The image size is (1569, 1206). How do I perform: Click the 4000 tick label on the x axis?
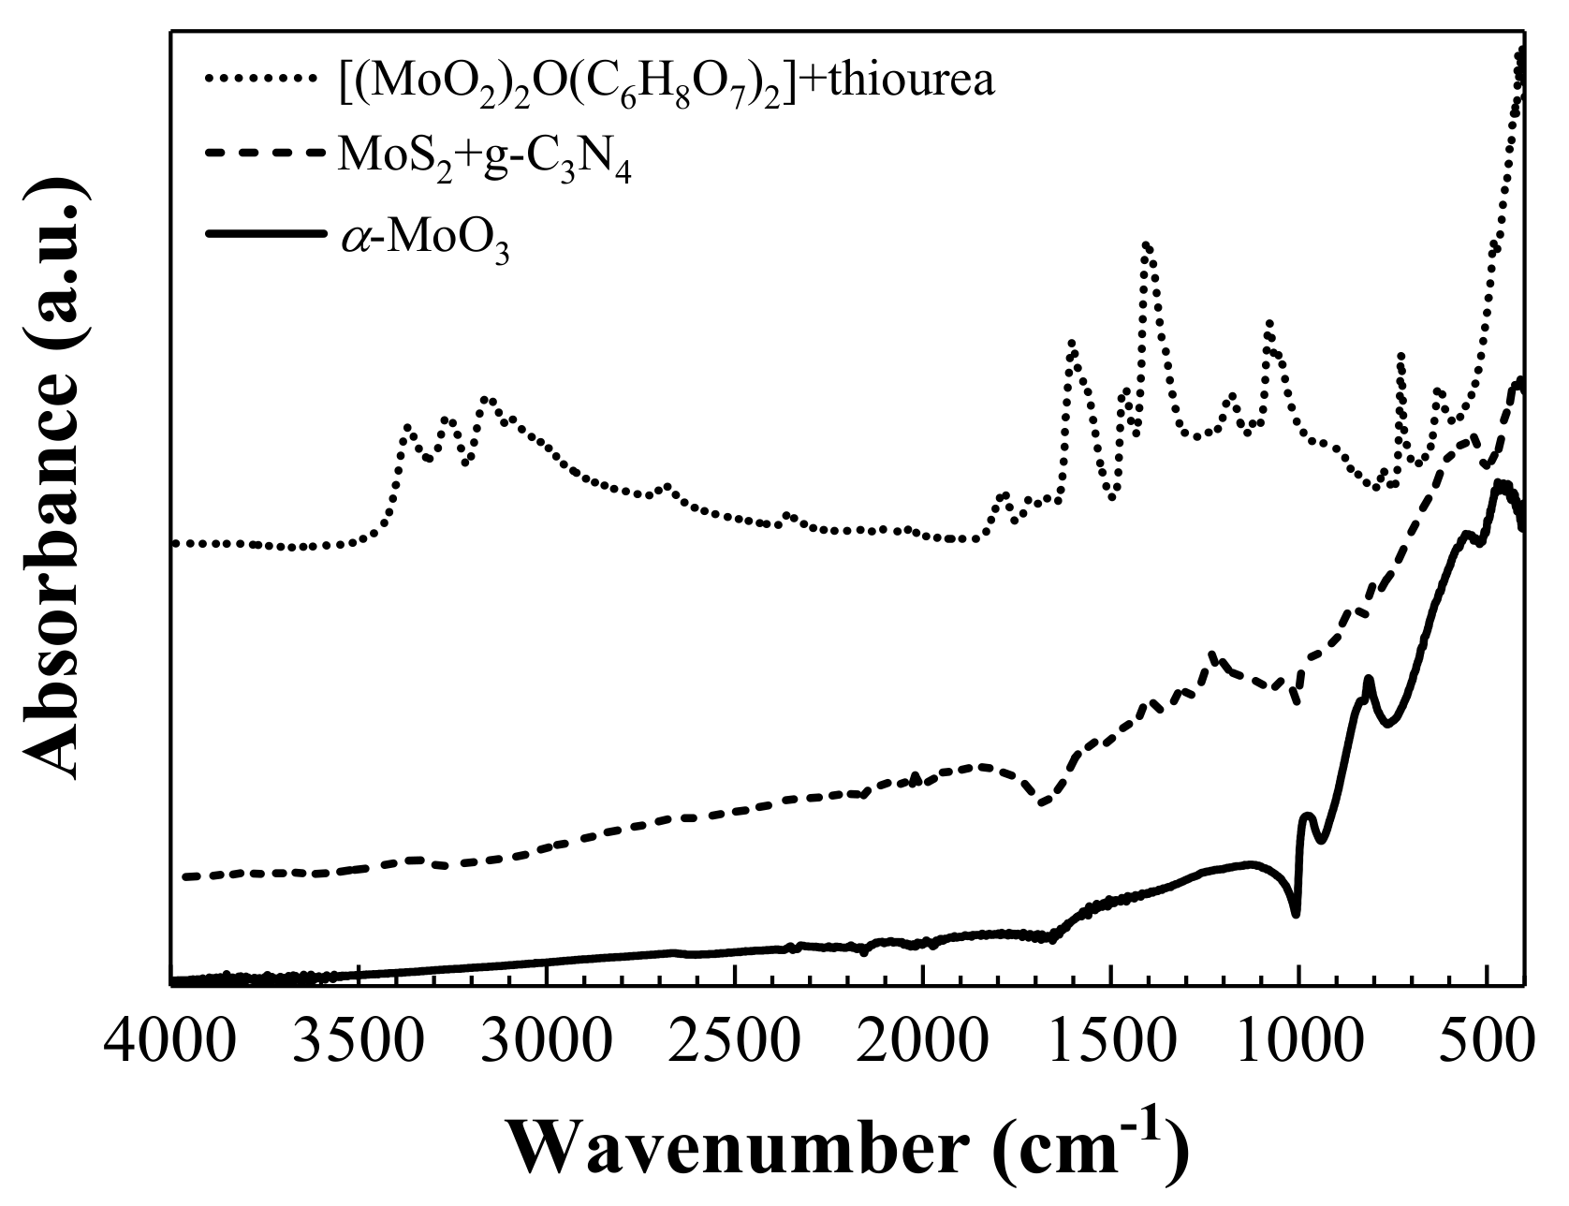point(170,1042)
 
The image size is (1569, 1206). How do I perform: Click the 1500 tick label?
point(1111,1042)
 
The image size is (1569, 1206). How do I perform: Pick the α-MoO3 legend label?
point(423,240)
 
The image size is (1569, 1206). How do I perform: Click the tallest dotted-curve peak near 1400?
point(1147,246)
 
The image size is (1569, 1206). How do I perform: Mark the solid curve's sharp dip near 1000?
point(1296,913)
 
